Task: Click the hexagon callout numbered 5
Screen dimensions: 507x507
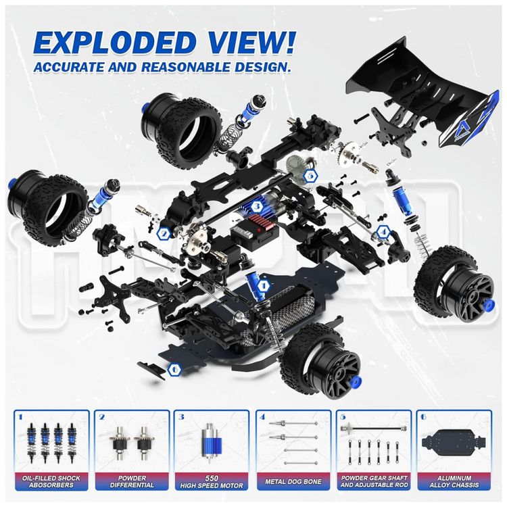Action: click(x=310, y=176)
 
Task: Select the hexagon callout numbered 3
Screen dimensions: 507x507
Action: click(x=257, y=206)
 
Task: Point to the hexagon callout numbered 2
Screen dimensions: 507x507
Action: click(x=164, y=233)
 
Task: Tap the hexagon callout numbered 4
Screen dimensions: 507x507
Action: click(x=383, y=231)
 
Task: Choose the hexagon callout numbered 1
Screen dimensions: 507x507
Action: click(x=264, y=286)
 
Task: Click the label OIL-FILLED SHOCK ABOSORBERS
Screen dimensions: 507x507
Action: click(x=51, y=481)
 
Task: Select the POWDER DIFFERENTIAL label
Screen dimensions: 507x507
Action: click(x=132, y=481)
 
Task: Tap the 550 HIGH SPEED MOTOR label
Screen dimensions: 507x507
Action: click(x=212, y=481)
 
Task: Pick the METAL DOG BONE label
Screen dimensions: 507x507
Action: click(x=293, y=481)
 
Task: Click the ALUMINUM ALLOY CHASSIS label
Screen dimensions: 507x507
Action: click(x=454, y=481)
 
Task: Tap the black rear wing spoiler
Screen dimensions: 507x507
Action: click(x=420, y=97)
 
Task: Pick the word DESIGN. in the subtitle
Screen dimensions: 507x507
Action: click(x=261, y=67)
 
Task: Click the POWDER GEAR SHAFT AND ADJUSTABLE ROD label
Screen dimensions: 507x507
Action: click(x=375, y=481)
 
